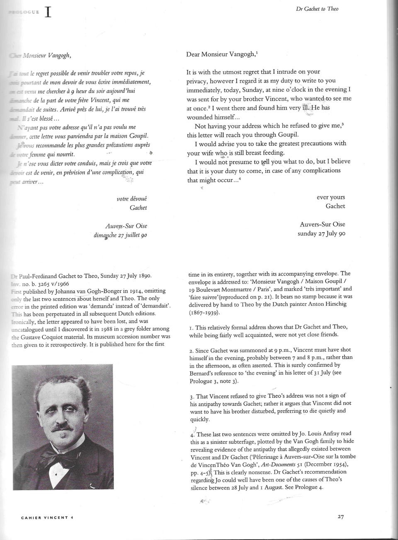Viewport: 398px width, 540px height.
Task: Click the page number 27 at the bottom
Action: pos(341,517)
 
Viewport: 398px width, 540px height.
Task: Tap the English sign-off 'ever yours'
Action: pos(330,197)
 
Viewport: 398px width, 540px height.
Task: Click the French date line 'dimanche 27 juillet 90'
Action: pos(121,235)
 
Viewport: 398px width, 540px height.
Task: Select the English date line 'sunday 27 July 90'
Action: pos(321,233)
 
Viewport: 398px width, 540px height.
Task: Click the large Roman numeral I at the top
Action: pos(48,12)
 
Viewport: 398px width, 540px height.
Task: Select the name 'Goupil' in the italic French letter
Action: pos(136,136)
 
